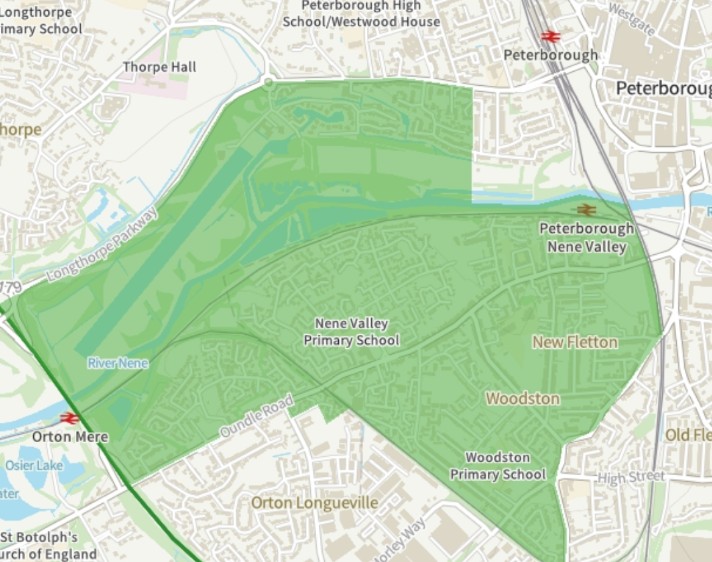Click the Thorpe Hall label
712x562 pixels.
pyautogui.click(x=159, y=67)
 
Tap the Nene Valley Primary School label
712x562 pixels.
pyautogui.click(x=351, y=332)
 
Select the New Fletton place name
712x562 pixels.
pyautogui.click(x=574, y=342)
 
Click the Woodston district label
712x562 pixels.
pyautogui.click(x=522, y=398)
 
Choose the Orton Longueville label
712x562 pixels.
pyautogui.click(x=314, y=502)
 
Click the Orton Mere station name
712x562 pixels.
pyautogui.click(x=70, y=437)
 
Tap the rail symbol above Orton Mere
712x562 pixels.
pyautogui.click(x=69, y=418)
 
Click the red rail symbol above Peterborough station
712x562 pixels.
pyautogui.click(x=550, y=36)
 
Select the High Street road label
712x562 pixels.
pyautogui.click(x=630, y=477)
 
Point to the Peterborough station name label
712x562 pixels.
pyautogui.click(x=551, y=55)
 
